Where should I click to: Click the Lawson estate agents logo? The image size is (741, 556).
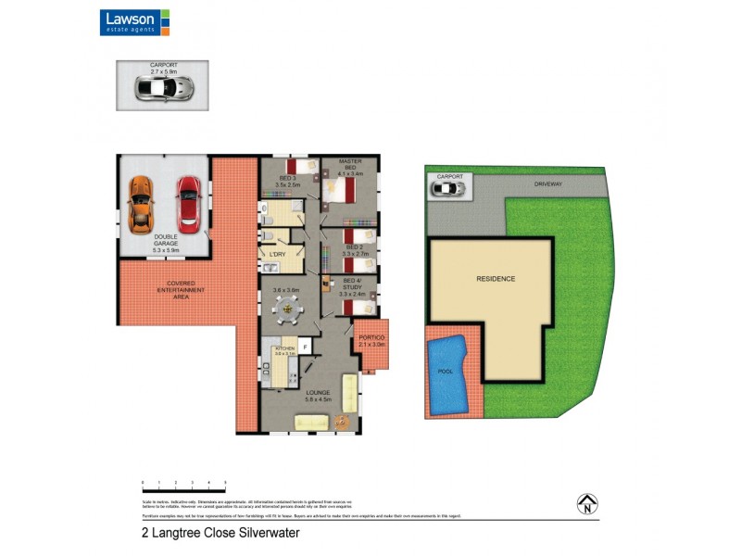tap(135, 22)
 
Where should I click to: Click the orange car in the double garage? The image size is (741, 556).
tap(140, 204)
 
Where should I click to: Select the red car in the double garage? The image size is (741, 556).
tap(188, 203)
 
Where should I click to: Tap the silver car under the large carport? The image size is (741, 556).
tap(165, 88)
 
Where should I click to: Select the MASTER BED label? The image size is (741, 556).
tap(350, 168)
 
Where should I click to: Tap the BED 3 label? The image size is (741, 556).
tap(287, 181)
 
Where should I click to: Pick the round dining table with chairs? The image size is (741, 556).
tap(287, 310)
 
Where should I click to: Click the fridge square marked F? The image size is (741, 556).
tap(306, 347)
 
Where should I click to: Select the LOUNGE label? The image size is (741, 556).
tap(318, 395)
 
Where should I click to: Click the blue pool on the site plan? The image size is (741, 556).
tap(448, 374)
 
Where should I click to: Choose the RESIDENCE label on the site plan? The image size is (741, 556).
tap(496, 278)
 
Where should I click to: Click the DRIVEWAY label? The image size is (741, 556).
tap(548, 185)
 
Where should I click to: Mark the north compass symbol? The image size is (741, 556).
tap(586, 504)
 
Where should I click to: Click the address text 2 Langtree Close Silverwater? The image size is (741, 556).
tap(220, 534)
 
